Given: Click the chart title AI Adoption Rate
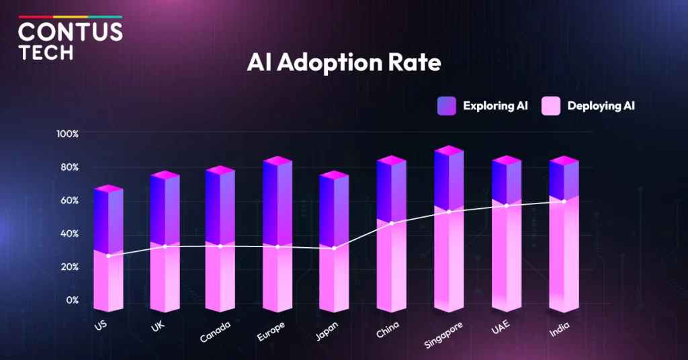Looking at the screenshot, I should (343, 62).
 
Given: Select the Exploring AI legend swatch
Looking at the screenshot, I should (447, 106).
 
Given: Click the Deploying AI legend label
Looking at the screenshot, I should (601, 106).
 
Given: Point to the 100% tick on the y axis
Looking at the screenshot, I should (68, 134).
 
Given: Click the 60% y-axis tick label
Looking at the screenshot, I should (69, 200).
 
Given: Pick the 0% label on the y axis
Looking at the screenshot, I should (72, 300).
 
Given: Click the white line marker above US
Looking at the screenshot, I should (108, 256).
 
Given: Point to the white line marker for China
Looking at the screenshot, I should (392, 223).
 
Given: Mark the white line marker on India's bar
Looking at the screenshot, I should (564, 201).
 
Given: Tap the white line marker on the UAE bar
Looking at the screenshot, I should (507, 206).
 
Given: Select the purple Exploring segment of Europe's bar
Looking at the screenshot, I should (277, 201).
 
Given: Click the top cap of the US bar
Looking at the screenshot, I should (108, 189).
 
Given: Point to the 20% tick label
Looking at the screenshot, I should (69, 267).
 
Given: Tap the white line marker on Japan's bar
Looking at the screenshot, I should (334, 249).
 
